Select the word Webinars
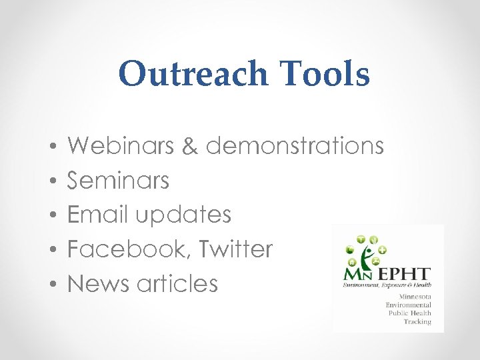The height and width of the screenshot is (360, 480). (x=124, y=145)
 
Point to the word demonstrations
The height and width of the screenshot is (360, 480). (x=295, y=145)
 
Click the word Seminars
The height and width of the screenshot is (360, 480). (x=119, y=180)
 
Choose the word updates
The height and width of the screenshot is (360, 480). (x=183, y=215)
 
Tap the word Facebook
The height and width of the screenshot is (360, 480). (x=123, y=249)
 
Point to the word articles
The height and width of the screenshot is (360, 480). (x=177, y=284)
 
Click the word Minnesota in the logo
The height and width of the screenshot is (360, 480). (x=415, y=295)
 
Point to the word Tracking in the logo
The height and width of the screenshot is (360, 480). (x=417, y=321)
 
